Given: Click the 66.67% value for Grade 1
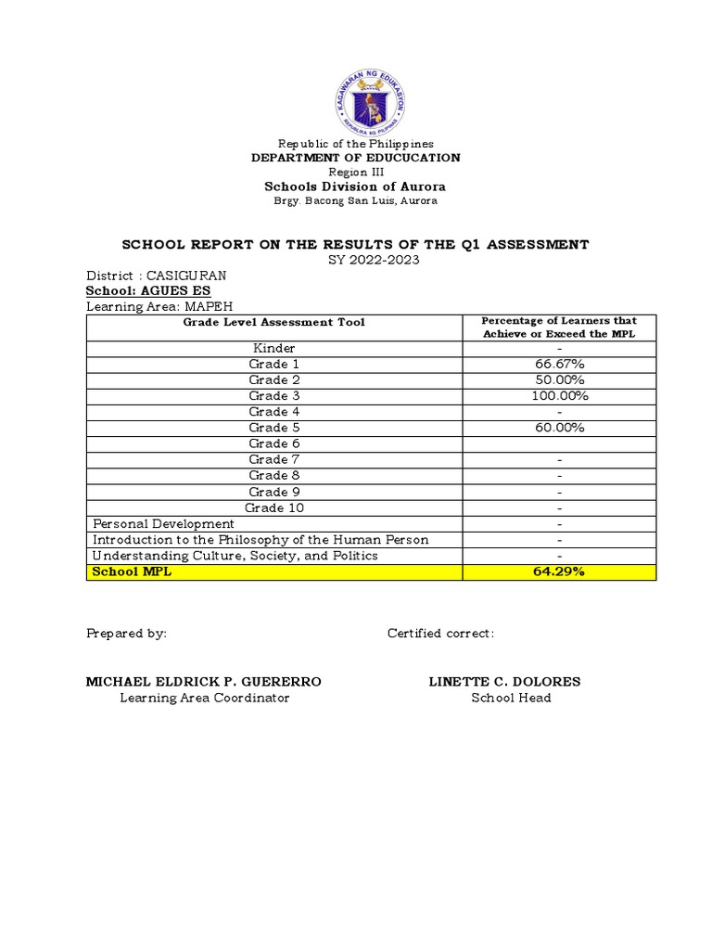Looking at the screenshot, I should click(558, 364).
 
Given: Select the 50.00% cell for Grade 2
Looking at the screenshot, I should click(558, 379).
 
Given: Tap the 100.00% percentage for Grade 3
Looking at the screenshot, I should click(558, 396).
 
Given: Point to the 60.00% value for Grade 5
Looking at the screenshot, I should click(558, 428).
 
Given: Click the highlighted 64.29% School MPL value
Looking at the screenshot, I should click(558, 572).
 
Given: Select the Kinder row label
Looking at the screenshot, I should click(274, 348).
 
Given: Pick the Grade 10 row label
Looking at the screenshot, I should click(274, 507).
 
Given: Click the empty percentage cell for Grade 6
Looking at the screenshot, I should click(558, 443).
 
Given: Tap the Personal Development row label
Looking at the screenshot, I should click(162, 524).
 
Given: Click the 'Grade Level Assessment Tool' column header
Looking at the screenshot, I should click(273, 322).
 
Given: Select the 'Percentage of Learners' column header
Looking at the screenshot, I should click(558, 327).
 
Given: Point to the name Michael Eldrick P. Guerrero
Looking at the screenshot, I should click(204, 682).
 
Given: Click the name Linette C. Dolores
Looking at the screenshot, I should click(504, 682).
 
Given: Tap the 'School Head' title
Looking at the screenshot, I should click(511, 698).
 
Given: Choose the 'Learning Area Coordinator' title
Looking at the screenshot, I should click(204, 698).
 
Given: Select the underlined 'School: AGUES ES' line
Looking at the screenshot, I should click(148, 291).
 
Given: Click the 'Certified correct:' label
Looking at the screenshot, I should click(440, 633).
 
